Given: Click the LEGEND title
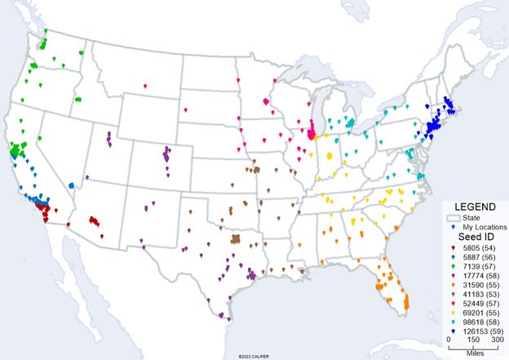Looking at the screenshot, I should [475, 207].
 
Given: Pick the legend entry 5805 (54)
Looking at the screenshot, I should [480, 247].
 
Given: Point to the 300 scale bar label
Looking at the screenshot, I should [494, 340].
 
